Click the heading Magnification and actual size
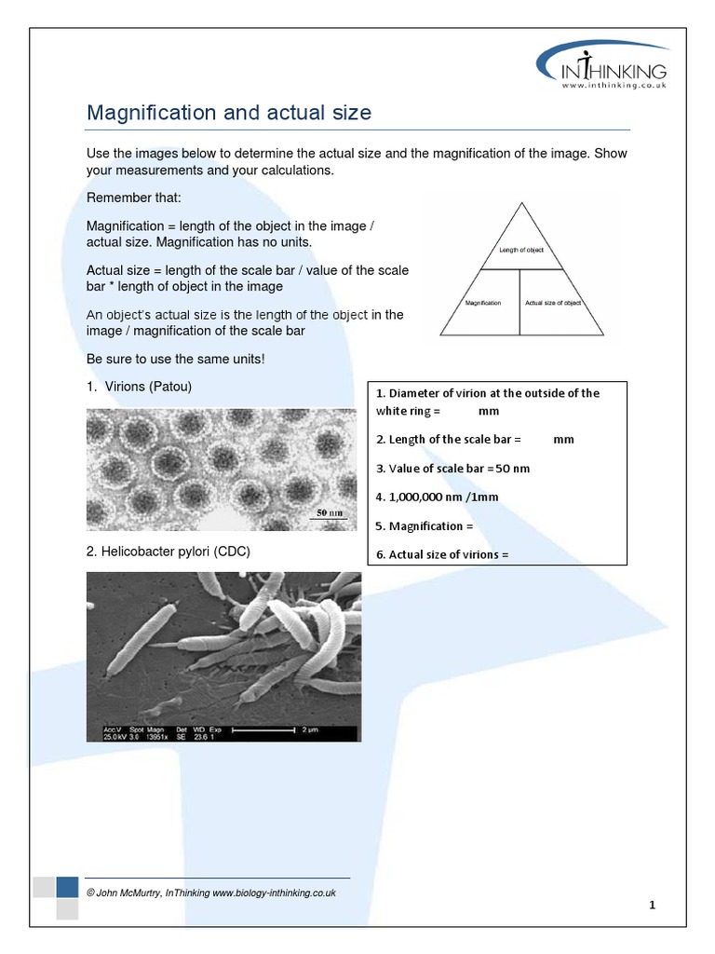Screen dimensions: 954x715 point(228,113)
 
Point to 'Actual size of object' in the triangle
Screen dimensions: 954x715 point(553,303)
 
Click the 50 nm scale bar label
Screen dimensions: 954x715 point(330,512)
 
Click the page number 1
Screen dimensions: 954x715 point(653,905)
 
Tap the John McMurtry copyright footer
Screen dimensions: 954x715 point(210,893)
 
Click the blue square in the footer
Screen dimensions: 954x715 point(67,887)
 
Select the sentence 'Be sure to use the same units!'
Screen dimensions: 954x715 point(175,359)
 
